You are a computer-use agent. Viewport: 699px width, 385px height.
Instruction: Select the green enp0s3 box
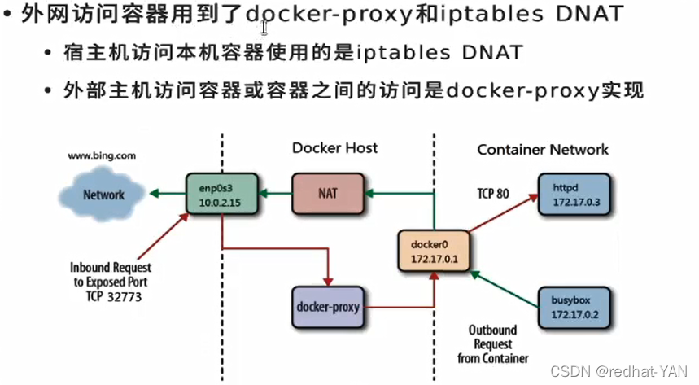coord(221,194)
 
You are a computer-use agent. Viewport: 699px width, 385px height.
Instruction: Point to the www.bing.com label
coord(102,155)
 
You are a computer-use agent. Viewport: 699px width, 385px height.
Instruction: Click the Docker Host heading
coord(334,148)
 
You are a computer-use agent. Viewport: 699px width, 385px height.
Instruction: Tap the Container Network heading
coord(543,149)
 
